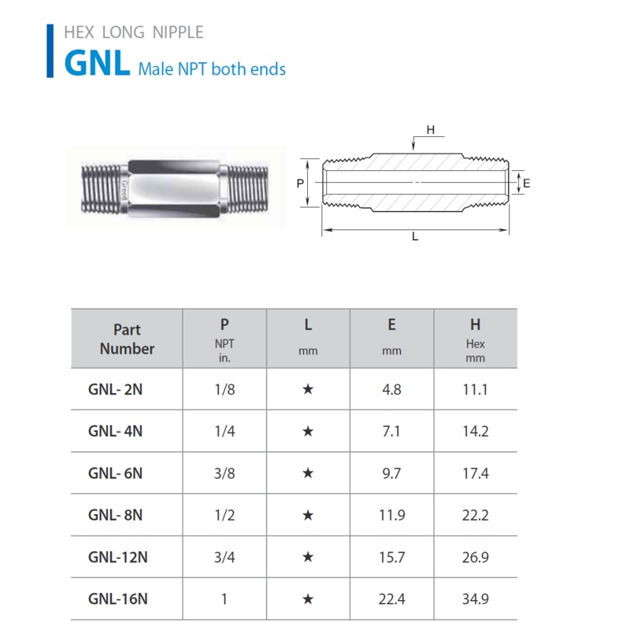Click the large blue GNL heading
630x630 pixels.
coord(97,63)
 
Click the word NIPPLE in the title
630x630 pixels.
coord(178,32)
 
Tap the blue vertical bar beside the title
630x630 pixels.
coord(50,50)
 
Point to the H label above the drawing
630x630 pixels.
coord(430,130)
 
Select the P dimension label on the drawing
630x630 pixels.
coord(300,183)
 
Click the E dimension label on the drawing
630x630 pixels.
coord(526,183)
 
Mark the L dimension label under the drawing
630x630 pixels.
coord(415,237)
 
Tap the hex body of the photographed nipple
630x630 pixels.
coord(173,188)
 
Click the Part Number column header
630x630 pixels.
coord(127,339)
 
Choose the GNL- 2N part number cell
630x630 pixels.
coord(115,389)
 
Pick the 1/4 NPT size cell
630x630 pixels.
coord(224,431)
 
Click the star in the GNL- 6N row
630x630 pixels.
coord(308,473)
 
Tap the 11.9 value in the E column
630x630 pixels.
coord(391,515)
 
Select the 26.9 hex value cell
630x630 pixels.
coord(476,558)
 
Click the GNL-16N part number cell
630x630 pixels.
coord(117,599)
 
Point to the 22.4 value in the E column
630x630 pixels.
coord(391,599)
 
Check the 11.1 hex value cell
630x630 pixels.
coord(476,389)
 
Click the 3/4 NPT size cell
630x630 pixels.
coord(224,558)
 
